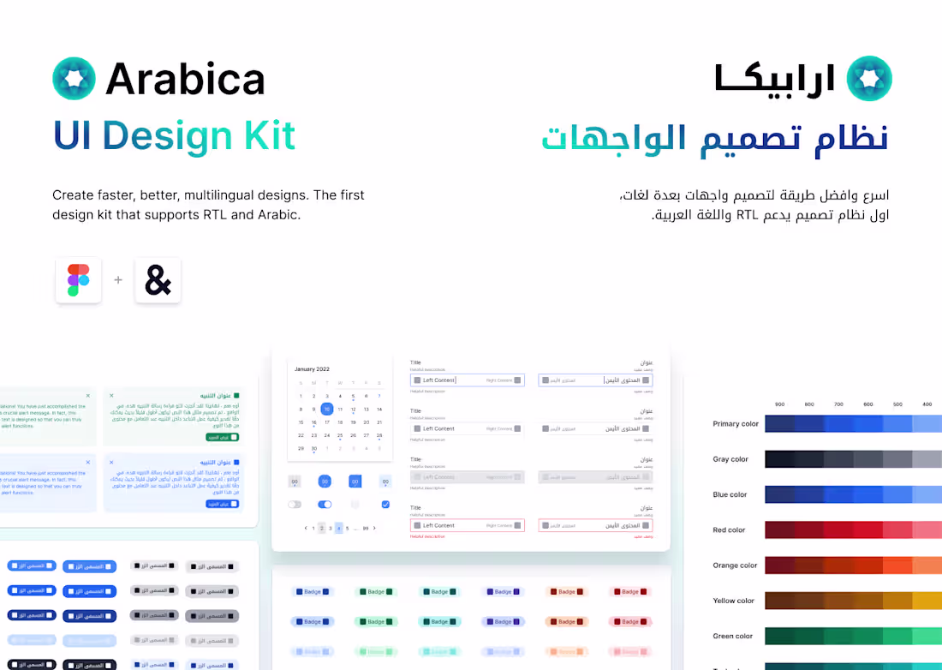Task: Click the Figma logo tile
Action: [79, 280]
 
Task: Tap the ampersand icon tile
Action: [158, 280]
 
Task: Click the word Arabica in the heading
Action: [185, 80]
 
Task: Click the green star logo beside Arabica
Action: [74, 79]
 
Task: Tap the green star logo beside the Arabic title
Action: [869, 79]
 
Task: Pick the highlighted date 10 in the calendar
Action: [326, 410]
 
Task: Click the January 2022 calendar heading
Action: [312, 368]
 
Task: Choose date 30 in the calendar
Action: [313, 448]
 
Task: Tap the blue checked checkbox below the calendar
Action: [385, 505]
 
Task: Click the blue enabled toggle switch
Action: [325, 505]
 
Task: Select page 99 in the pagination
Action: [366, 529]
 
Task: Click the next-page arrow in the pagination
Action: [374, 529]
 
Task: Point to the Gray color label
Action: [730, 459]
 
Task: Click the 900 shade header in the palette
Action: [779, 404]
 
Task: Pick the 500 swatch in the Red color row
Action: [897, 530]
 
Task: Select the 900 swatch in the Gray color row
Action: [779, 459]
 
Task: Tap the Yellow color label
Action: [734, 601]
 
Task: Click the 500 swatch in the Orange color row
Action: [897, 565]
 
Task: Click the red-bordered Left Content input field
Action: [467, 525]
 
